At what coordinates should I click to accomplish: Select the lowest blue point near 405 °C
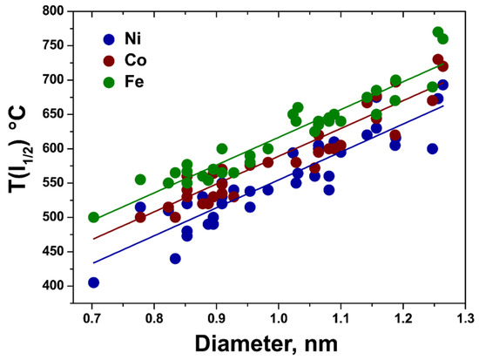pos(93,282)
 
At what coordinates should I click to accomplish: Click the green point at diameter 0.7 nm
pos(93,217)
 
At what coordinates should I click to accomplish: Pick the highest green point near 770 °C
pos(438,32)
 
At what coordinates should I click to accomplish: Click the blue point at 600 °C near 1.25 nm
pos(432,148)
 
